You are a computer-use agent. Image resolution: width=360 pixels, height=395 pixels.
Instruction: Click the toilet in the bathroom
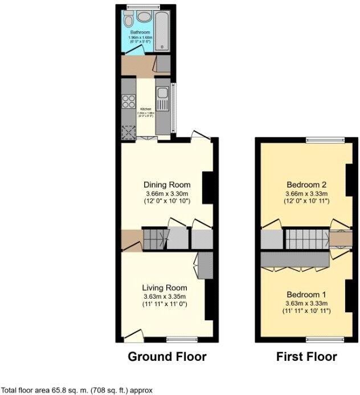128,22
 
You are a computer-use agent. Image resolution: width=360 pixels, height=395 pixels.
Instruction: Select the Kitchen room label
146,108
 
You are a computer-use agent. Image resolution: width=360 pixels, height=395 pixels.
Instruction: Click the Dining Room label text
166,185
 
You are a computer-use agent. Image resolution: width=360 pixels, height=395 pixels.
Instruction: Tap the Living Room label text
165,287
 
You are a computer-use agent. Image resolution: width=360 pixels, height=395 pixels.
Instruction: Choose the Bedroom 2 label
306,185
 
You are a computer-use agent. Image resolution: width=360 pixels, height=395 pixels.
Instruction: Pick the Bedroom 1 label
306,287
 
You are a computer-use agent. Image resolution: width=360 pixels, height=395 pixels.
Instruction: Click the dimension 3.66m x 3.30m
166,194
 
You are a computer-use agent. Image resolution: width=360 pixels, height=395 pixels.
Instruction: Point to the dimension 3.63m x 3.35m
165,296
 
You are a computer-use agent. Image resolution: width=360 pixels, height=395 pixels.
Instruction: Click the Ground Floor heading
166,357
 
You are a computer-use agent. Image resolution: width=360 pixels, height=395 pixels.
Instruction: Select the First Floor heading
306,357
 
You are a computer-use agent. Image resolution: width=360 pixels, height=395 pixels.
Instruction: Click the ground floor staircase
154,239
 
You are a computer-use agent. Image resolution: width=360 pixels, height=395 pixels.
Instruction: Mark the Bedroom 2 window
325,140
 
